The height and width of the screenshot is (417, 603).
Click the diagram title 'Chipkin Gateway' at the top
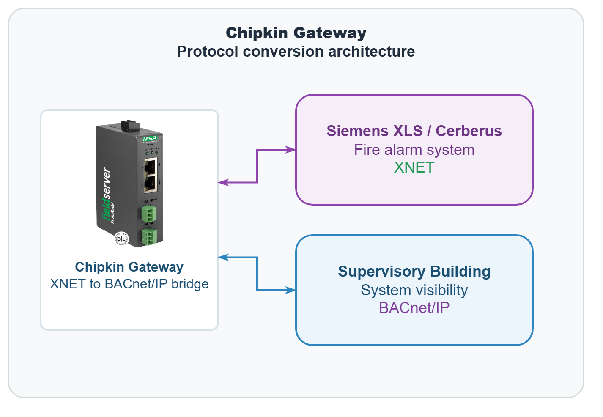[296, 33]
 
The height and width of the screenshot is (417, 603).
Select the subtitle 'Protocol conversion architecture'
[296, 52]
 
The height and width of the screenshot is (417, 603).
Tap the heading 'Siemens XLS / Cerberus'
[414, 131]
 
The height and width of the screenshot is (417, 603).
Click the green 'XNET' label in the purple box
[414, 167]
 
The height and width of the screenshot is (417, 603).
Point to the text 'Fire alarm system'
[414, 150]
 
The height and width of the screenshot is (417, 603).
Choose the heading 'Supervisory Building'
[414, 272]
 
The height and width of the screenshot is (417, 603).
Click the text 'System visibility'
[414, 290]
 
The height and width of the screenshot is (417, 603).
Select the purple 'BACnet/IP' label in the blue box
[414, 308]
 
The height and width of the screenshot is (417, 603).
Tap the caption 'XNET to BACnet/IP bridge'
[129, 284]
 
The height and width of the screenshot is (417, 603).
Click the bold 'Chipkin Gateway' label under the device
[129, 267]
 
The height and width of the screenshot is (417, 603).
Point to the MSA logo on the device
[150, 139]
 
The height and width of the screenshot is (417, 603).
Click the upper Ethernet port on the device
[151, 166]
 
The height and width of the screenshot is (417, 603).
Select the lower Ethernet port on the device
[151, 183]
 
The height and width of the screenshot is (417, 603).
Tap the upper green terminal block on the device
[149, 213]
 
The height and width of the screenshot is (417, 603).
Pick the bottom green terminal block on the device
[149, 236]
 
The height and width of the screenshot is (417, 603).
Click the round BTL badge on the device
[121, 239]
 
